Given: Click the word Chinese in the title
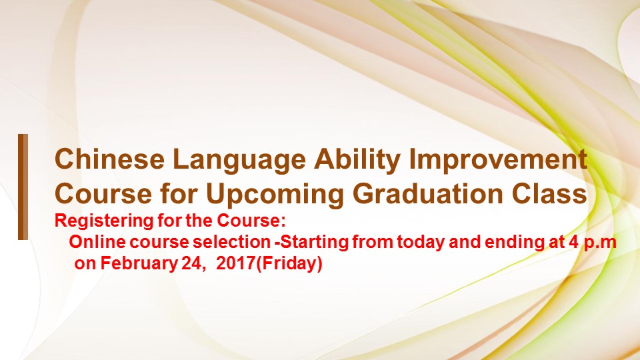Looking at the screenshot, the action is [x=109, y=159].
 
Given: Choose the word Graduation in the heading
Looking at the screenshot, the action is [x=429, y=194].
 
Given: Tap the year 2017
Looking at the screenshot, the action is [x=235, y=263].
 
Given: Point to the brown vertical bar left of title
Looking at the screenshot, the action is [x=23, y=187].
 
